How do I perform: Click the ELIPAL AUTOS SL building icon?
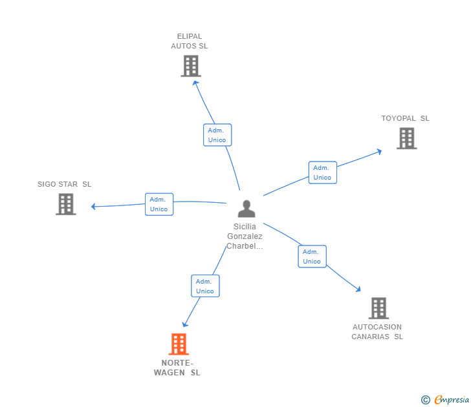pyautogui.click(x=190, y=66)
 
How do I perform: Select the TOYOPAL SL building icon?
pyautogui.click(x=406, y=138)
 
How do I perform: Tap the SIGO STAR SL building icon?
pyautogui.click(x=66, y=204)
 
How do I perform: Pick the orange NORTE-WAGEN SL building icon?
pyautogui.click(x=179, y=344)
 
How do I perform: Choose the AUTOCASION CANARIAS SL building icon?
pyautogui.click(x=378, y=308)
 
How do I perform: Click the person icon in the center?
pyautogui.click(x=246, y=209)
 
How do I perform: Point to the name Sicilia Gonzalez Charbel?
pyautogui.click(x=245, y=236)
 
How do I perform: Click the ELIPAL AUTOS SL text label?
pyautogui.click(x=190, y=41)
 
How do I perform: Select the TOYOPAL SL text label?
pyautogui.click(x=405, y=118)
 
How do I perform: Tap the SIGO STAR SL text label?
pyautogui.click(x=65, y=184)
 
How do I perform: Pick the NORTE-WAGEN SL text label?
pyautogui.click(x=177, y=368)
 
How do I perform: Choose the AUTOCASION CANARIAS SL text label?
pyautogui.click(x=377, y=331)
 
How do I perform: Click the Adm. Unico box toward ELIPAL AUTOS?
pyautogui.click(x=217, y=135)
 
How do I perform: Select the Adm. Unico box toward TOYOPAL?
pyautogui.click(x=322, y=172)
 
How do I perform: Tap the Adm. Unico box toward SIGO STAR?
pyautogui.click(x=159, y=204)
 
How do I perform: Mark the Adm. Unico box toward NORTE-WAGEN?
pyautogui.click(x=205, y=286)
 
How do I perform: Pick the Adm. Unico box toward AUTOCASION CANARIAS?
pyautogui.click(x=312, y=256)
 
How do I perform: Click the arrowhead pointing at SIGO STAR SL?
pyautogui.click(x=94, y=207)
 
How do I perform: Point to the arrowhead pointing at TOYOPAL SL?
pyautogui.click(x=379, y=151)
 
